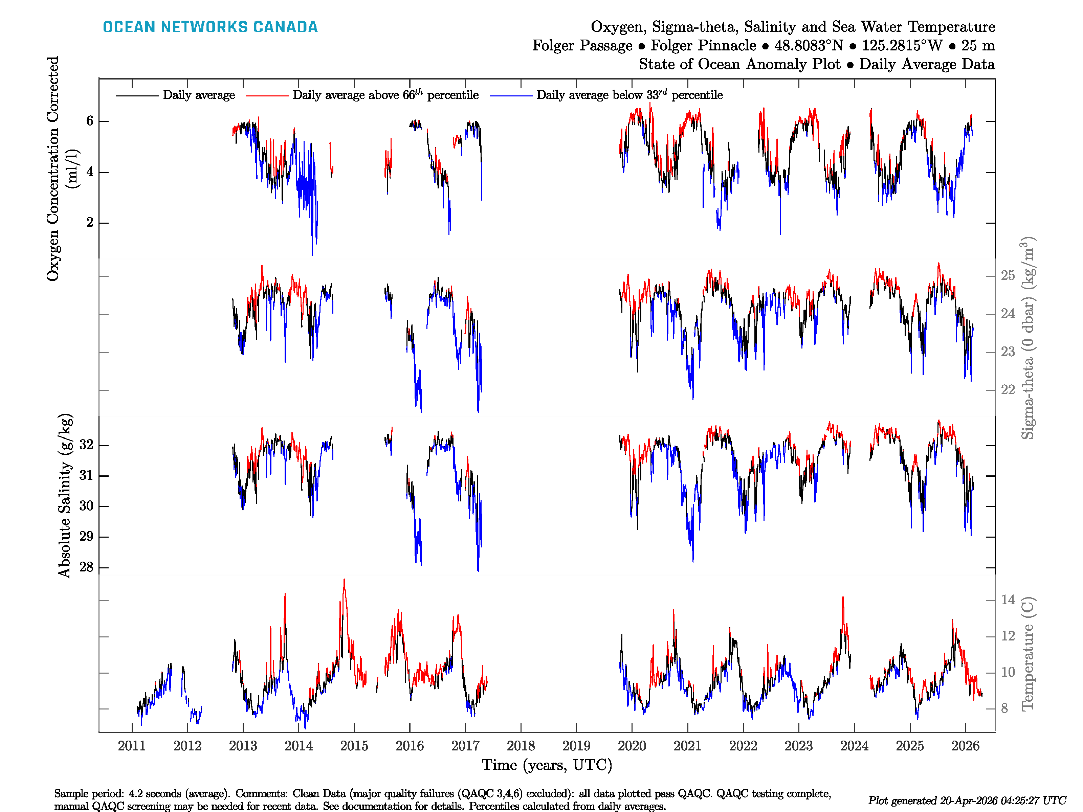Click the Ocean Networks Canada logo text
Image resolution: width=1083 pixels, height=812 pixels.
point(210,27)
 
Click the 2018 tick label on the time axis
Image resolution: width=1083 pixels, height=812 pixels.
point(521,746)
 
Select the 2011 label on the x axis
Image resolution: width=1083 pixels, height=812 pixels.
point(132,746)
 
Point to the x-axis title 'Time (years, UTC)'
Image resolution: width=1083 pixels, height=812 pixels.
point(547,765)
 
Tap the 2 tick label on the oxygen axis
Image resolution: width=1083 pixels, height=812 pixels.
point(90,222)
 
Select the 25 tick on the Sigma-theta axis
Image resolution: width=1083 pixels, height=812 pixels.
point(1008,275)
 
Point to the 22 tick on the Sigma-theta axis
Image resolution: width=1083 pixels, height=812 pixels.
point(1008,390)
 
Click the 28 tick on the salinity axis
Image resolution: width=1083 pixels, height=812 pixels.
point(86,567)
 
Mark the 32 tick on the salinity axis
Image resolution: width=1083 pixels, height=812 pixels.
point(86,445)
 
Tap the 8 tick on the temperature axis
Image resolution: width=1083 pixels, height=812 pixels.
point(1004,708)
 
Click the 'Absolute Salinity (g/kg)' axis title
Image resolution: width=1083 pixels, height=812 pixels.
point(65,496)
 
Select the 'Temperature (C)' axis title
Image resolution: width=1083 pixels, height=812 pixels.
point(1027,654)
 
